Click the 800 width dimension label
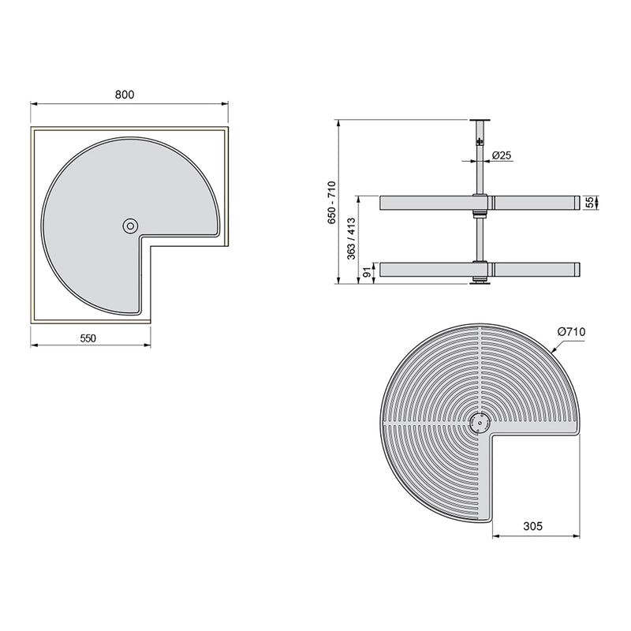125,94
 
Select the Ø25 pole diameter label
502,155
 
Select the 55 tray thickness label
590,203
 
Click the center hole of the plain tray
129,226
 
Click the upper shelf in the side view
426,203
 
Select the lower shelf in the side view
426,270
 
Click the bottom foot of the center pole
477,282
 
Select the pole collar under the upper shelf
477,214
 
